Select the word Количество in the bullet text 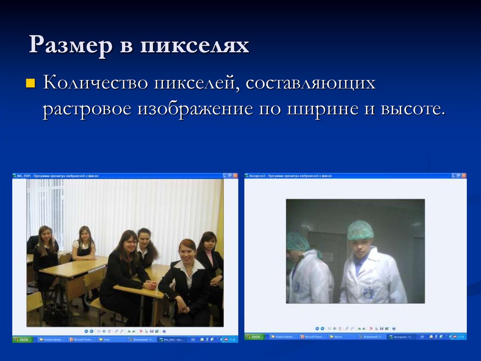pos(94,84)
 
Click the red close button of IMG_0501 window pos(235,176)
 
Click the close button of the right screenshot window pos(464,176)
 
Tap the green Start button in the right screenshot pos(255,337)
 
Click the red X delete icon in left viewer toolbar pos(140,330)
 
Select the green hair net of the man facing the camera pos(360,230)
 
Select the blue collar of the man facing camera pos(360,264)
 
